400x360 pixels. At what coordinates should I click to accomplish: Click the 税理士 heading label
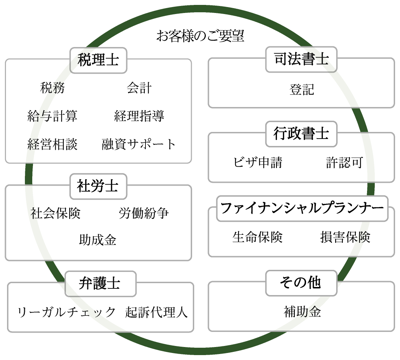pos(98,60)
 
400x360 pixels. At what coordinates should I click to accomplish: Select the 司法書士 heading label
pos(301,59)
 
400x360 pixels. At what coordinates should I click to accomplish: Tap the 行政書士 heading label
pos(301,134)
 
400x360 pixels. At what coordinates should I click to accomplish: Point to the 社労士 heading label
pos(98,186)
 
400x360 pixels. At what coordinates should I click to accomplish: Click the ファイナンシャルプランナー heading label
pos(302,208)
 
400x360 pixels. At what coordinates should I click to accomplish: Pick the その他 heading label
pos(300,282)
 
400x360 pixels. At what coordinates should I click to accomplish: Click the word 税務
pos(53,88)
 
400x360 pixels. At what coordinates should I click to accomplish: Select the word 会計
pos(139,88)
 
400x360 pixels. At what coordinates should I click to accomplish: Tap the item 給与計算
pos(53,116)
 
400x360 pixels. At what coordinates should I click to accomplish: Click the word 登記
pos(301,90)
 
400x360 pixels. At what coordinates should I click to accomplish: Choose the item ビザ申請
pos(258,162)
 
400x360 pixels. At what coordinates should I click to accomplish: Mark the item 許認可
pos(344,162)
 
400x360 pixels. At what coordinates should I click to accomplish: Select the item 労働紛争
pos(144,213)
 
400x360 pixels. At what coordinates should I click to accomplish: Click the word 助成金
pos(98,240)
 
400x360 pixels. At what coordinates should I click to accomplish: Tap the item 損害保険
pos(345,237)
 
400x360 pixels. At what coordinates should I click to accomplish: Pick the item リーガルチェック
pos(66,312)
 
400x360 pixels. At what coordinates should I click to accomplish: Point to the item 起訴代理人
pos(157,312)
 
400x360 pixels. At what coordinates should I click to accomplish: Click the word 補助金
pos(302,312)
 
